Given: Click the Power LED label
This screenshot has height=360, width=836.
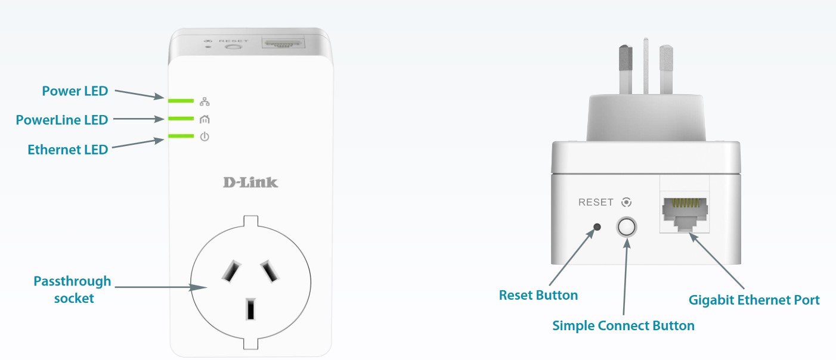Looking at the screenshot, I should pos(75,91).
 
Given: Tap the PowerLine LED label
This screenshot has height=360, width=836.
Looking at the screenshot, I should pos(62,120).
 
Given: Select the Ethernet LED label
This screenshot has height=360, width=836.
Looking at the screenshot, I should pos(68,149).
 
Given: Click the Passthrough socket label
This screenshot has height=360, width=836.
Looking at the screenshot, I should pos(73,289).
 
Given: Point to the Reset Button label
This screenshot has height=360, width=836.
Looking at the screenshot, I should pos(538,295).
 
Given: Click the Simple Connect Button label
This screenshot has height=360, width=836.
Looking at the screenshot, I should pos(623,325).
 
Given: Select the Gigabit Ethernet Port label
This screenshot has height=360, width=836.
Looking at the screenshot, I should pos(754,300).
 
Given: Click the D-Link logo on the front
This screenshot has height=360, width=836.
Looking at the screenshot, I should pos(250,182).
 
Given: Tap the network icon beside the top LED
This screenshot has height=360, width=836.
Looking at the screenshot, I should pos(205,101).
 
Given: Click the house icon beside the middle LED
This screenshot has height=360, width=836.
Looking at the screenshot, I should pos(205,119).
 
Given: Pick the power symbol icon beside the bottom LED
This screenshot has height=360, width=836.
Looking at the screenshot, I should pos(205,136).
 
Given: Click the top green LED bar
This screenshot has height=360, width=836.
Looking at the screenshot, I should pos(181,101).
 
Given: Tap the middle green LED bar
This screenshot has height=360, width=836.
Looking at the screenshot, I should pos(181,119).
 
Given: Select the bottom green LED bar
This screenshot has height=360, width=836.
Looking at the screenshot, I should pos(181,136).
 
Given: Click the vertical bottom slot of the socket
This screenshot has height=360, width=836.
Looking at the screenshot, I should pos(250,310).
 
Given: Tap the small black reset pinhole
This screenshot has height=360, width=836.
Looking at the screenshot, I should pos(597,227).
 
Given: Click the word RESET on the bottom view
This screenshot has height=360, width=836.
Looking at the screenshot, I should pos(596,203).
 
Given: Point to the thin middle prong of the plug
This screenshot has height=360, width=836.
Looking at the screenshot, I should pos(645,66).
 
